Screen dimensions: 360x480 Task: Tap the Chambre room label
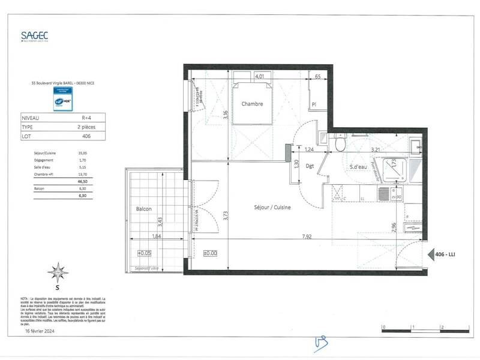click(252, 104)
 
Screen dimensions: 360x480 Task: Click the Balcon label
click(143, 209)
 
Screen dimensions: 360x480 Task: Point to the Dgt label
click(310, 166)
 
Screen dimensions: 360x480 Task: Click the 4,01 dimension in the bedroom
click(260, 77)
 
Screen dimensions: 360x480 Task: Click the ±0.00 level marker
click(210, 253)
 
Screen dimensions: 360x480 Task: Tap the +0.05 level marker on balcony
click(145, 253)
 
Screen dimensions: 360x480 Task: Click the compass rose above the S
click(58, 272)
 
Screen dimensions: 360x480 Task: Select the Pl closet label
click(314, 104)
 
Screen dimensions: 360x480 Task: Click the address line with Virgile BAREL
click(63, 84)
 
